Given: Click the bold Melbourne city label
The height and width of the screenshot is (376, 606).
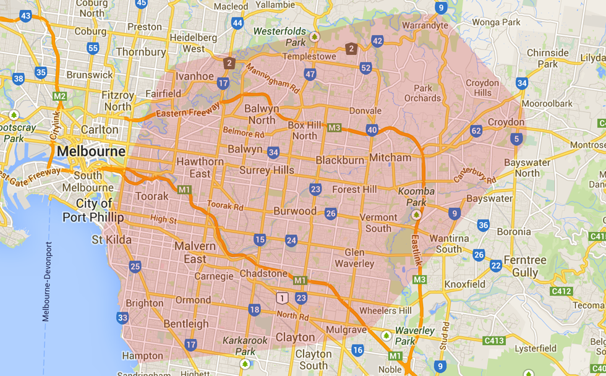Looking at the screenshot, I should click(x=91, y=152).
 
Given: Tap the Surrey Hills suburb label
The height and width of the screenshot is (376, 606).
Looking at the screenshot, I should click(x=267, y=170).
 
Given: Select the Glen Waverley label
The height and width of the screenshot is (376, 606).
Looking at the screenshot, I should click(x=354, y=258).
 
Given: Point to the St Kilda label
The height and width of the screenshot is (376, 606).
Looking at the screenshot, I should click(x=111, y=239).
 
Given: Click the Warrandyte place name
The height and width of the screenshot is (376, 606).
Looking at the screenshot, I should click(x=424, y=26).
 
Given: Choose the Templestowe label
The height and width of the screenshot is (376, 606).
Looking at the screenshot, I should click(x=309, y=56).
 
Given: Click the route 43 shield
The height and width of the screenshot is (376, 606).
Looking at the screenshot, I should click(x=25, y=16).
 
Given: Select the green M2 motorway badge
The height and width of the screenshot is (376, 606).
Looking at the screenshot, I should click(x=59, y=96).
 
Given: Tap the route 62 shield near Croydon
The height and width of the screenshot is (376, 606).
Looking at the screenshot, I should click(x=476, y=131).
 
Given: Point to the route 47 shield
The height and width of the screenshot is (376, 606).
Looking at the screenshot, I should click(x=310, y=75).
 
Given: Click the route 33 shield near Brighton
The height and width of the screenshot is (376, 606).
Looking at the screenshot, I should click(x=122, y=318).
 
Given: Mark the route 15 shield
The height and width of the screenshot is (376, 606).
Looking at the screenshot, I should click(x=259, y=239).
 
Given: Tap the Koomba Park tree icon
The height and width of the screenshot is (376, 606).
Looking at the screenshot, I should click(x=416, y=215).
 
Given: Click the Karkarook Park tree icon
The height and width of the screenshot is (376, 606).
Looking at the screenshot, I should click(x=245, y=363).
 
